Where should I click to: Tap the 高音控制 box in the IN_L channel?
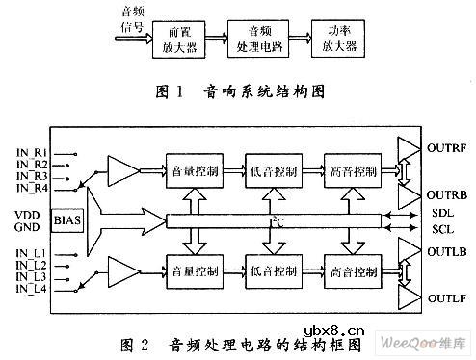point(353,268)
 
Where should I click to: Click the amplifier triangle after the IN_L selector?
point(124,267)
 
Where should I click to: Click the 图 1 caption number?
point(170,93)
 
